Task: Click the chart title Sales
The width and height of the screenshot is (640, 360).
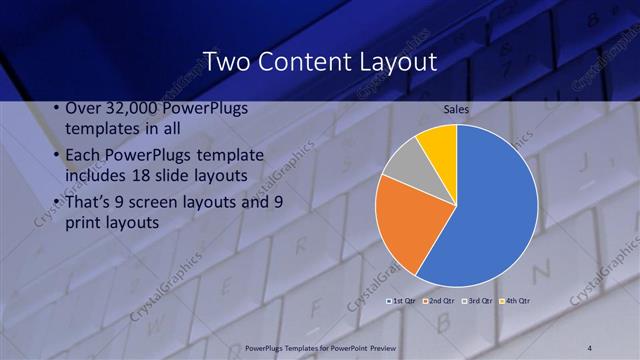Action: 456,109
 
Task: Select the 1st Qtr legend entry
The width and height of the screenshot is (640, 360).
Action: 403,300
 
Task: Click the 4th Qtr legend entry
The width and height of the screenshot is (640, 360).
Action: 514,300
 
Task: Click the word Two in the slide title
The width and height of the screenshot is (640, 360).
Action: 225,62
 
